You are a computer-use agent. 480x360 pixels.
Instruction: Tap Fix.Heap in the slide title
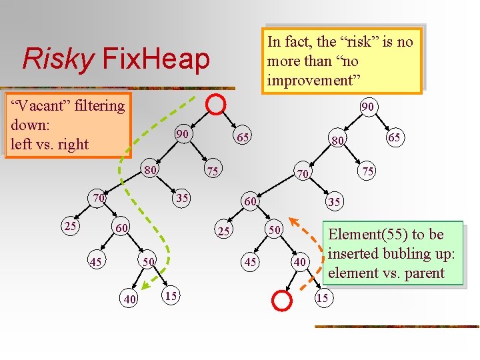pos(155,59)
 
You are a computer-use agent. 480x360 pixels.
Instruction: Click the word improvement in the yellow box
pos(313,81)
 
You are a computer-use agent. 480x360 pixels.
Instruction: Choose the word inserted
pos(355,253)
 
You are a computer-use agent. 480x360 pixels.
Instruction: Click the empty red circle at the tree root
pos(216,103)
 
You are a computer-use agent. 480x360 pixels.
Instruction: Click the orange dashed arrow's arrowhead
pos(299,222)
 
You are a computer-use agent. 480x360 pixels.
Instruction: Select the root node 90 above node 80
pos(367,107)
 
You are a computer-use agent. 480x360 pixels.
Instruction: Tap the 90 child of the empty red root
pos(181,134)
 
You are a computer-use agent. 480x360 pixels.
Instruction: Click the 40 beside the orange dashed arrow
pos(300,263)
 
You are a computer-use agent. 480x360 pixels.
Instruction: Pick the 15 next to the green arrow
pos(171,295)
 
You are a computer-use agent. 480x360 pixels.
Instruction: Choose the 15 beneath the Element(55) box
pos(322,298)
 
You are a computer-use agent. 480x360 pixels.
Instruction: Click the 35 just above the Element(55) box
pos(334,202)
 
